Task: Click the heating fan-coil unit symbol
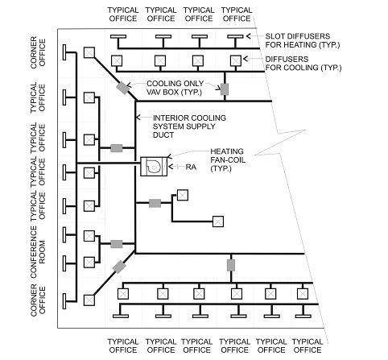click(x=151, y=165)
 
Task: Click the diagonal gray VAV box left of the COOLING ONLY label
click(x=122, y=88)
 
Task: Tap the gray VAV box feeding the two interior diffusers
click(x=155, y=202)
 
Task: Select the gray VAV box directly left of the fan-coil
click(x=116, y=148)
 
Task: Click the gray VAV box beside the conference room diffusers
click(x=117, y=244)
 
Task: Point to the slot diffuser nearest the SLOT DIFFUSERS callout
click(x=235, y=37)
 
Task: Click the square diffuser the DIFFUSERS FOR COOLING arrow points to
click(x=235, y=60)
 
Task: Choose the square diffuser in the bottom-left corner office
click(x=87, y=300)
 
